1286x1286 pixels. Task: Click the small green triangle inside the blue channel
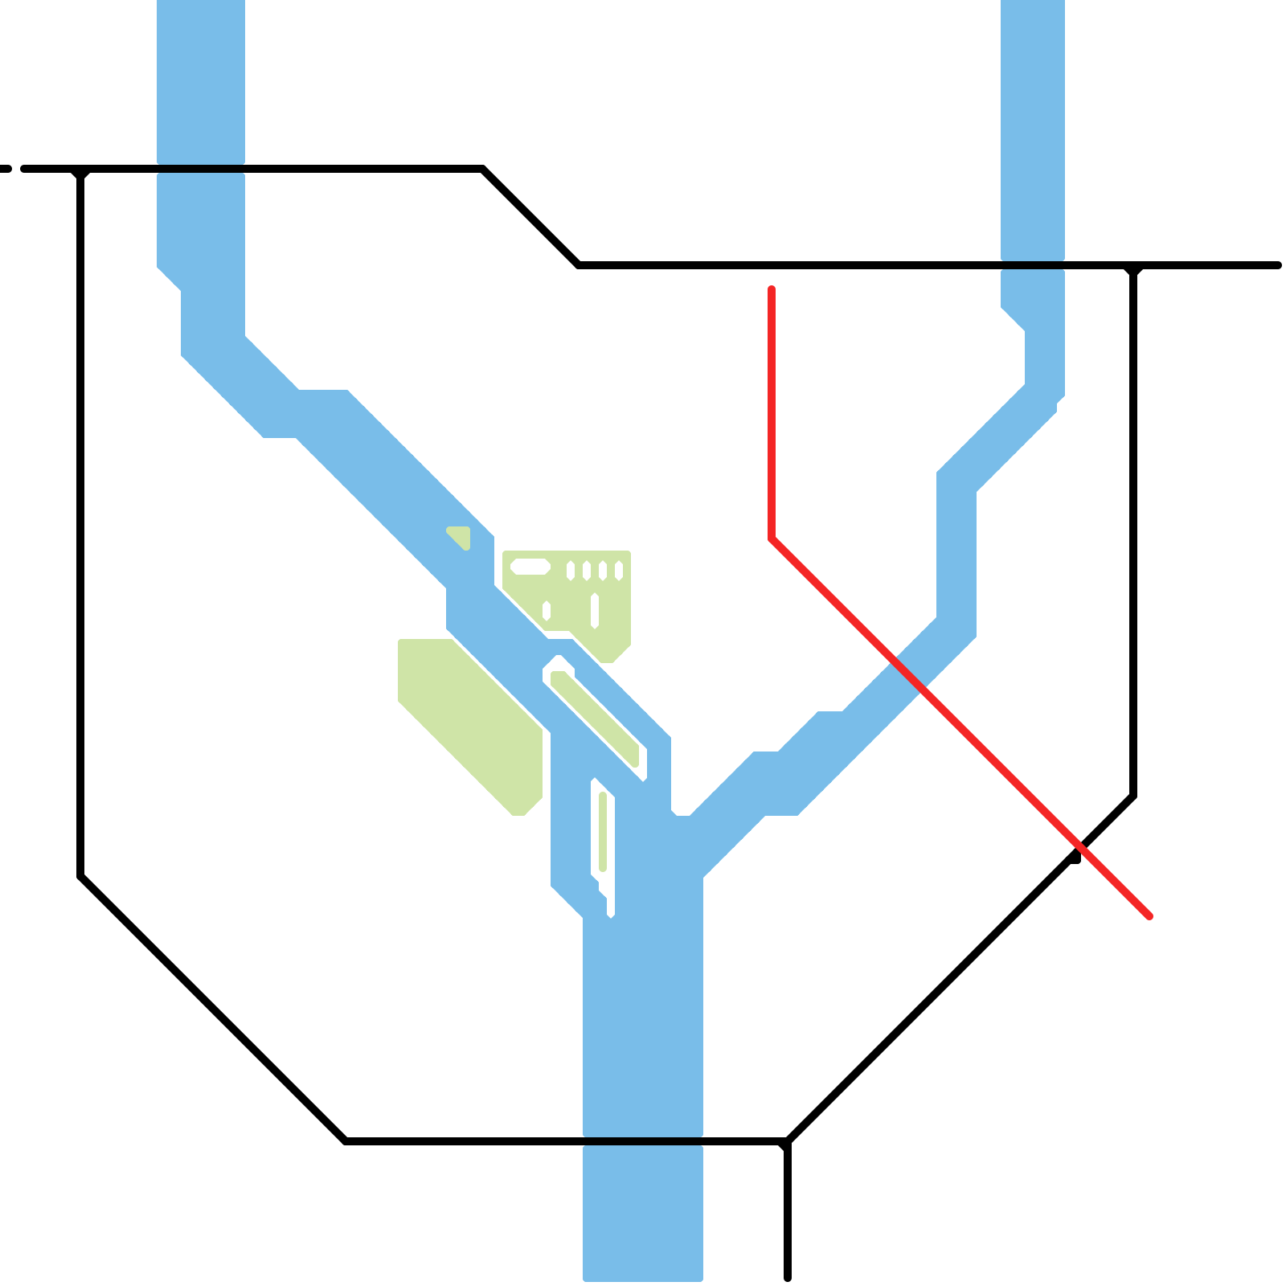click(461, 536)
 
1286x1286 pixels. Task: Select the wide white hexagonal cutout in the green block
click(530, 567)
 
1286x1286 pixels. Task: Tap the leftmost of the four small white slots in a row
click(571, 571)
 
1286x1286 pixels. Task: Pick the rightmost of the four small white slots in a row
click(619, 571)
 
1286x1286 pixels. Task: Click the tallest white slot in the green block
click(595, 610)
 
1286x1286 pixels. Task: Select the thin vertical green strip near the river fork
click(603, 831)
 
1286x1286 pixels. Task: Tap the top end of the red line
click(772, 289)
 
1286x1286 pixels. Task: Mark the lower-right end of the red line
click(1149, 915)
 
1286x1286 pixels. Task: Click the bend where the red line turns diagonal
click(772, 539)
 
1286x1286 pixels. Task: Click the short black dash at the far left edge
click(6, 169)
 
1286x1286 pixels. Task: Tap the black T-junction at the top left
click(80, 170)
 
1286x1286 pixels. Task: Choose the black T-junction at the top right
click(1133, 266)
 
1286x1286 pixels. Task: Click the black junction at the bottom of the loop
click(787, 1141)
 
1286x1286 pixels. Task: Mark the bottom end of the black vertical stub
click(788, 1276)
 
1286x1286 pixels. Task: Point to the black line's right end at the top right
click(1277, 265)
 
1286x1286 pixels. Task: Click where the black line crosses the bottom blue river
click(643, 1141)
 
